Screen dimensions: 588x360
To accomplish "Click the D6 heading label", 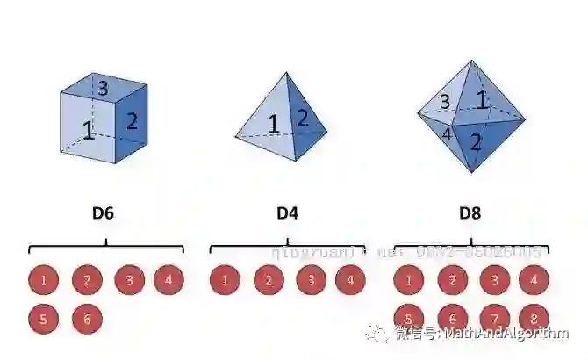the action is pyautogui.click(x=103, y=212).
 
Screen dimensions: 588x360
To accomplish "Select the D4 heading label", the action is pyautogui.click(x=287, y=212).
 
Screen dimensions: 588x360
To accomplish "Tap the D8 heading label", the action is pyautogui.click(x=470, y=212).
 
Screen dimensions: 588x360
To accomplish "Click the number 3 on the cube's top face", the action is pyautogui.click(x=103, y=88).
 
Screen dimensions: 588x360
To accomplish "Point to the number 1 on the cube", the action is pyautogui.click(x=88, y=131).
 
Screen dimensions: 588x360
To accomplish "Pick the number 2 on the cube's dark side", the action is pyautogui.click(x=132, y=121).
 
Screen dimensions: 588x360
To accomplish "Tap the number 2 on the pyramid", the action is pyautogui.click(x=302, y=117).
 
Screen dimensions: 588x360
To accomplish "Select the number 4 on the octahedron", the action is pyautogui.click(x=446, y=134).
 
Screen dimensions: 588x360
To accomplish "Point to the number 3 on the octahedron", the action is pyautogui.click(x=444, y=102).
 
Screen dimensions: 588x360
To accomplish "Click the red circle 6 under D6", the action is pyautogui.click(x=87, y=319).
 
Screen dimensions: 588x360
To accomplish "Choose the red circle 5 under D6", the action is pyautogui.click(x=44, y=319).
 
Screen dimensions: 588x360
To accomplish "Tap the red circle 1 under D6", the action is pyautogui.click(x=44, y=281).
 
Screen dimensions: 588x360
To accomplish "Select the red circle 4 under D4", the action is pyautogui.click(x=350, y=281).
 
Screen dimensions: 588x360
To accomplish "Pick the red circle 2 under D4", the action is pyautogui.click(x=269, y=281).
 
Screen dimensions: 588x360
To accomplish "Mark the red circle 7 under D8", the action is pyautogui.click(x=494, y=318).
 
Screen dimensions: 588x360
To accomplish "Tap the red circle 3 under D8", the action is pyautogui.click(x=494, y=281).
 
